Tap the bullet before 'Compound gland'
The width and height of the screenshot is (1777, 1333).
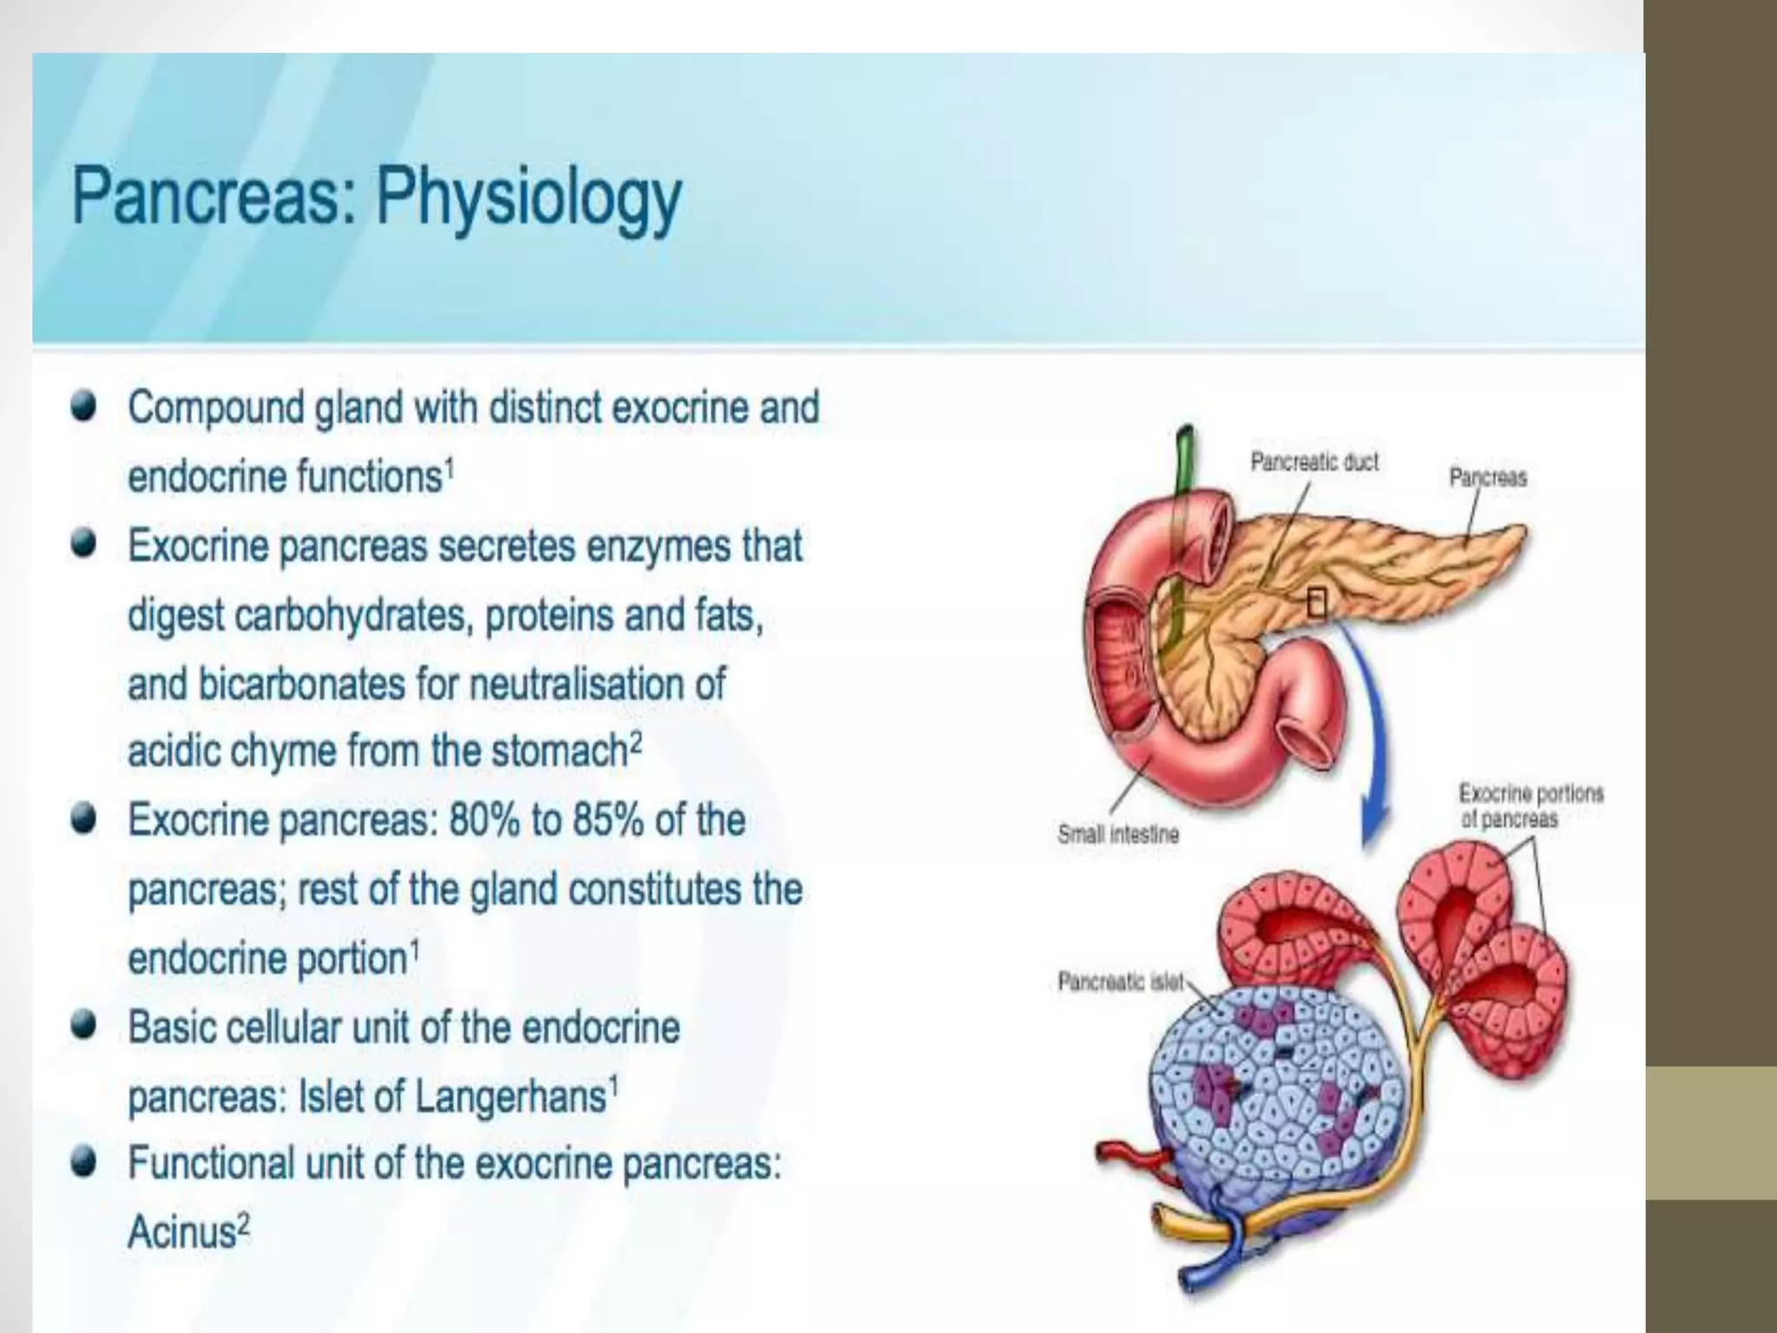[84, 408]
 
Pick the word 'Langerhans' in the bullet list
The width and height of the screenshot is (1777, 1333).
[510, 1096]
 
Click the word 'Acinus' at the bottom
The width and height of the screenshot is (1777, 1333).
[181, 1231]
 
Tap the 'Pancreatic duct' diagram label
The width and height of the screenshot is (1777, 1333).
[1314, 462]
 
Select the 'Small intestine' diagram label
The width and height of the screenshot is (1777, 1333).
[1118, 834]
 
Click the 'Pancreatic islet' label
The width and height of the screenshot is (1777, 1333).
[1120, 982]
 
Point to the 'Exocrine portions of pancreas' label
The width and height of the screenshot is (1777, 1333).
[1531, 805]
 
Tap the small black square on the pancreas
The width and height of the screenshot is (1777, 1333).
[1316, 602]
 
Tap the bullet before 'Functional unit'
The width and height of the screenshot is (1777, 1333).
[84, 1163]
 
